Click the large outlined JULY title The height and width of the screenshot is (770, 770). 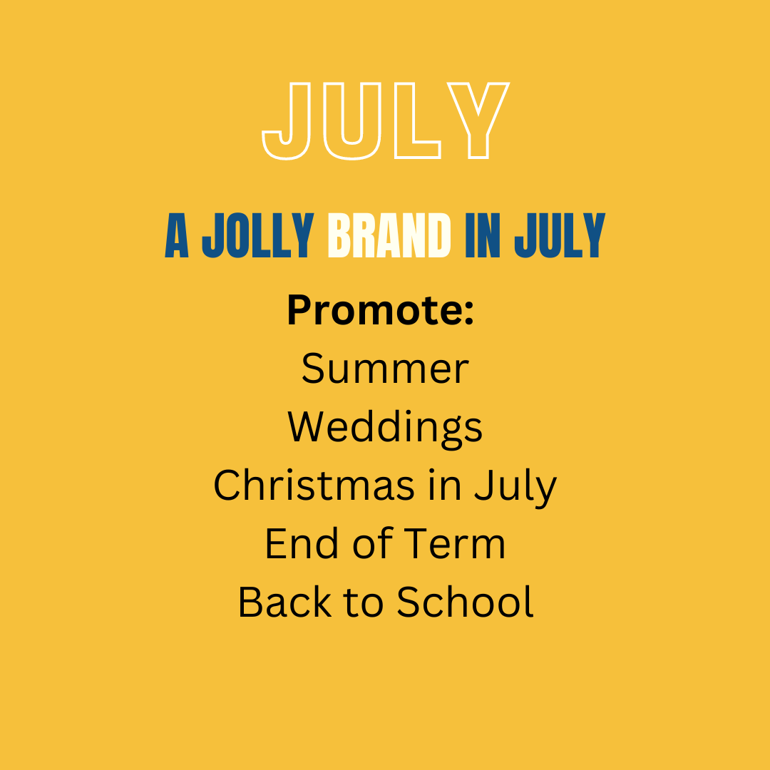point(386,120)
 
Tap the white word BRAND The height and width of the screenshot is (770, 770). point(389,235)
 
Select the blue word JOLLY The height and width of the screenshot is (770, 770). point(258,235)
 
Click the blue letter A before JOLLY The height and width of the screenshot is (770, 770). point(177,235)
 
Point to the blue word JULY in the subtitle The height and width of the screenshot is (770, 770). point(560,235)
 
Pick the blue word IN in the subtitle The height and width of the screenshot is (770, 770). point(483,235)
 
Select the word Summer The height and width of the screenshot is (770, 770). point(385,369)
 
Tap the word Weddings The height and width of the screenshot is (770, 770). point(385,428)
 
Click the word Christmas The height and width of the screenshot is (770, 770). point(314,485)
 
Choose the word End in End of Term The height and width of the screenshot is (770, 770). point(302,543)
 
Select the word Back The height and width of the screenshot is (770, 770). point(284,601)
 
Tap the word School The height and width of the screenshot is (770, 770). point(465,601)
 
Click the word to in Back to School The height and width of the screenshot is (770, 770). point(364,602)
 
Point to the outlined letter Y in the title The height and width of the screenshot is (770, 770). point(478,120)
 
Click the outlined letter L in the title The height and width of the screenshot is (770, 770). point(417,120)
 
